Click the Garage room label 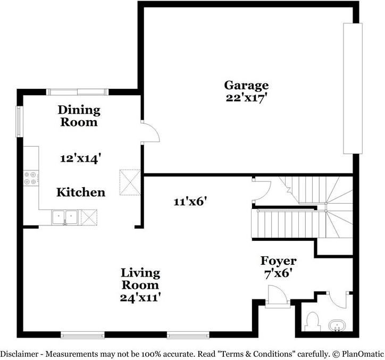(x=246, y=85)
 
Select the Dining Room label (x=79, y=116)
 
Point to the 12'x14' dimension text (x=80, y=158)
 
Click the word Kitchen (x=81, y=192)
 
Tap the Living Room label (x=140, y=279)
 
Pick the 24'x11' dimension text (x=140, y=297)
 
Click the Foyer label (x=278, y=261)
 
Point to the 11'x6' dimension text (x=190, y=201)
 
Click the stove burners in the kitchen (x=30, y=178)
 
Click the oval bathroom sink (x=337, y=325)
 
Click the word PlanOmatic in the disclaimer (x=362, y=353)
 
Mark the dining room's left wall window (x=19, y=121)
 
